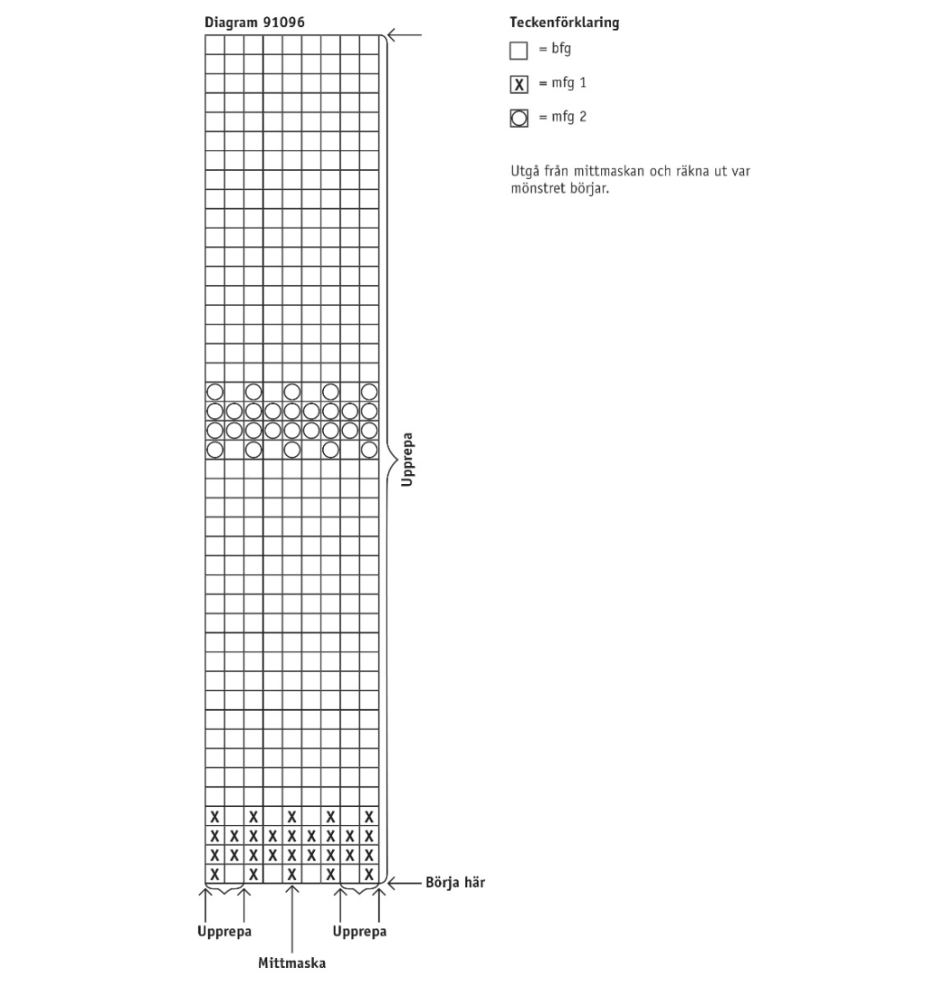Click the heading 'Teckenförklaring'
click(x=565, y=23)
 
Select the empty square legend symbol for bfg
click(x=519, y=51)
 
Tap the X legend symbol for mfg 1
click(x=519, y=85)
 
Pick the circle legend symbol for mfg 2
click(x=519, y=119)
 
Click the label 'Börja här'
click(x=455, y=883)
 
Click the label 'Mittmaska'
click(x=291, y=962)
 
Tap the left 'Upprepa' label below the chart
click(x=224, y=932)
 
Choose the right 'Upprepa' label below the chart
click(x=359, y=932)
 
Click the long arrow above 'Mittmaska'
click(x=291, y=918)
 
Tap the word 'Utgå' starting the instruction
click(x=524, y=172)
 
